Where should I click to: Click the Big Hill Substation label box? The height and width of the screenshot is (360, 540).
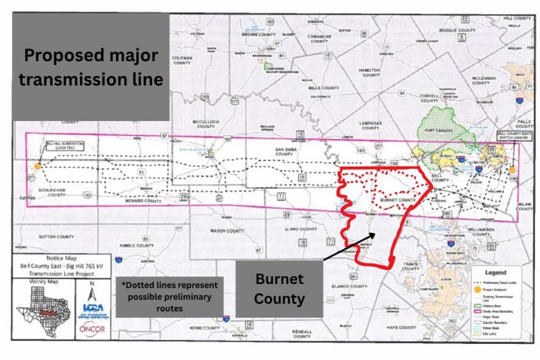65,146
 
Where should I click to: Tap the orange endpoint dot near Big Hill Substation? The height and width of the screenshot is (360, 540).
34,167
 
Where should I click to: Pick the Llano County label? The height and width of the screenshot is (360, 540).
302,229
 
